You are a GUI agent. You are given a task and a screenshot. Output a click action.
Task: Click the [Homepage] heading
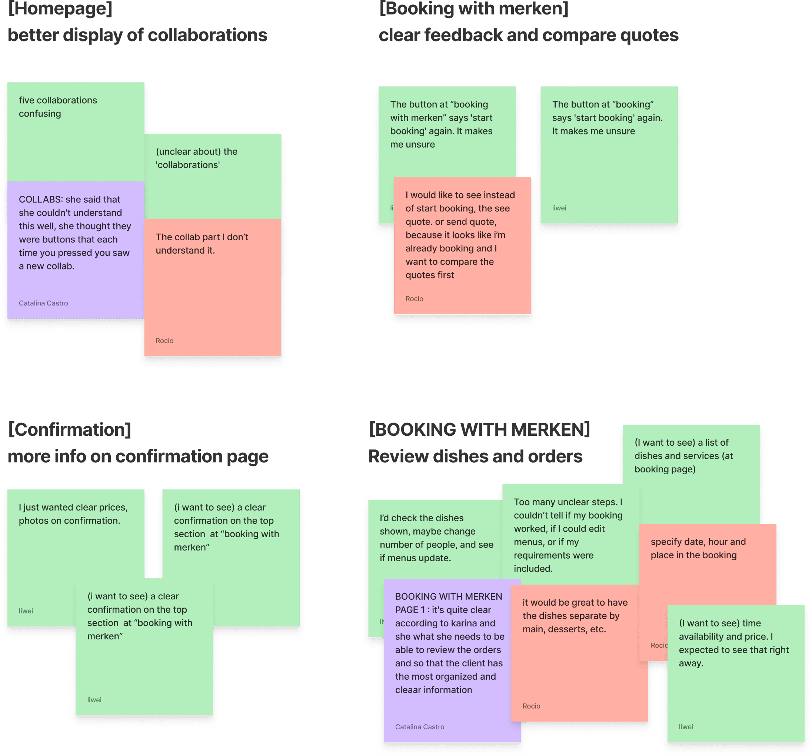(x=60, y=9)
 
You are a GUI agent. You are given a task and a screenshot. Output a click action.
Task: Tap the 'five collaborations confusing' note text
(x=57, y=107)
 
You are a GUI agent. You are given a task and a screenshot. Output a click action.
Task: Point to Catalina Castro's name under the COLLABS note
(x=43, y=303)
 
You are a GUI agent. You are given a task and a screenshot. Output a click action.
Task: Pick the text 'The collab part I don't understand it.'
(x=202, y=244)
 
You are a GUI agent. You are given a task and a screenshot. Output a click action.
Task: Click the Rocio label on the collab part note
(x=164, y=341)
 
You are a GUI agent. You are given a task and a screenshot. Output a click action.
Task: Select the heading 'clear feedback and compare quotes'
(x=528, y=36)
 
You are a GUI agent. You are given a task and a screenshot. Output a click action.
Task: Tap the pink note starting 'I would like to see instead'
(x=460, y=235)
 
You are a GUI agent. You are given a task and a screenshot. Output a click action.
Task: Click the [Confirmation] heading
(x=69, y=430)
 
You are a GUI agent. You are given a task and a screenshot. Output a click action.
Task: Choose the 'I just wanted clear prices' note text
(x=73, y=514)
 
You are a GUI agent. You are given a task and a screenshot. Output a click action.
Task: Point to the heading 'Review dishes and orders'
(x=475, y=457)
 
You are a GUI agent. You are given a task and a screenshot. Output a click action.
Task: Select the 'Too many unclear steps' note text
(x=568, y=535)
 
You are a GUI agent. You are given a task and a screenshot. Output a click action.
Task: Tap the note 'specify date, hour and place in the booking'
(x=698, y=549)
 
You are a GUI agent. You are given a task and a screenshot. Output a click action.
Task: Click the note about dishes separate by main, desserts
(x=575, y=616)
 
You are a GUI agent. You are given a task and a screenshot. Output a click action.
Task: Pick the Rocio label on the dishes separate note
(x=531, y=706)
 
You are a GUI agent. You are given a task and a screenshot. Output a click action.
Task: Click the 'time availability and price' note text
(x=733, y=643)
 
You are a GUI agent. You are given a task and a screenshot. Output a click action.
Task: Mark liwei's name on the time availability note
(x=686, y=727)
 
